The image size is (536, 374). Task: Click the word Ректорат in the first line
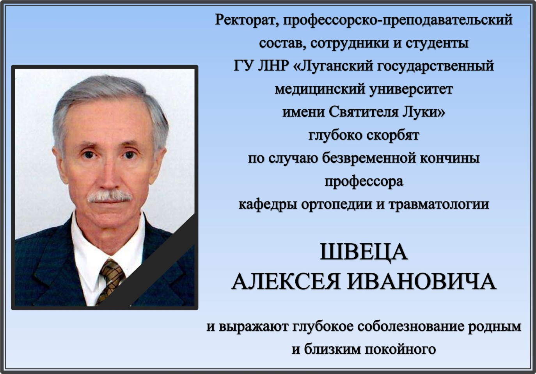[246, 20]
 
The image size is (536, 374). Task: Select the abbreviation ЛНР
[273, 66]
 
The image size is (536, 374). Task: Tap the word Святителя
[363, 112]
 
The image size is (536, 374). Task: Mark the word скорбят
[392, 135]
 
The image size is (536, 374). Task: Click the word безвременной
[369, 159]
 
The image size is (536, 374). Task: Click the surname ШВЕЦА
[364, 253]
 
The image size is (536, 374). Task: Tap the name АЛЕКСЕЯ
[286, 282]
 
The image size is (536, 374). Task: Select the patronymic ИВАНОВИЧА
[422, 282]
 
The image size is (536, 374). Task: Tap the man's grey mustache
[109, 196]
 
